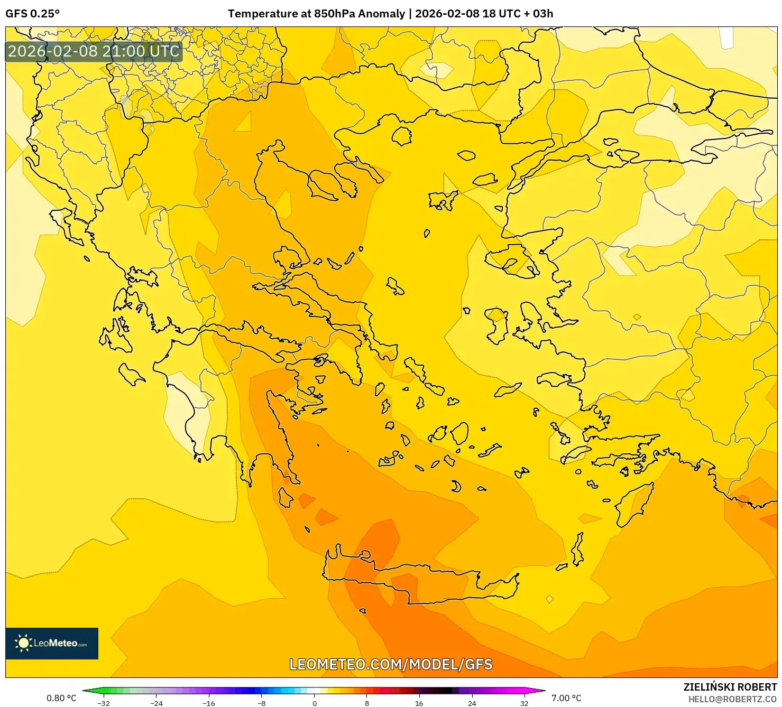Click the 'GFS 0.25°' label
tap(32, 14)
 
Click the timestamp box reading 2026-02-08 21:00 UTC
tap(94, 51)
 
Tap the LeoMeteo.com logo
tap(52, 643)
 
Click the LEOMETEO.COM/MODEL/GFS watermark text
tap(391, 664)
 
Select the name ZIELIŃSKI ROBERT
tap(730, 687)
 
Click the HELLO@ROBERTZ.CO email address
tap(732, 699)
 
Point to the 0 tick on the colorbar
tap(314, 703)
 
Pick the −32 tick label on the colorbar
tap(104, 703)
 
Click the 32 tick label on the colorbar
tap(524, 703)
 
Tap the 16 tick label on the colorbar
tap(419, 703)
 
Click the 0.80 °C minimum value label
tap(61, 698)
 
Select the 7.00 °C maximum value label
tap(566, 698)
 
